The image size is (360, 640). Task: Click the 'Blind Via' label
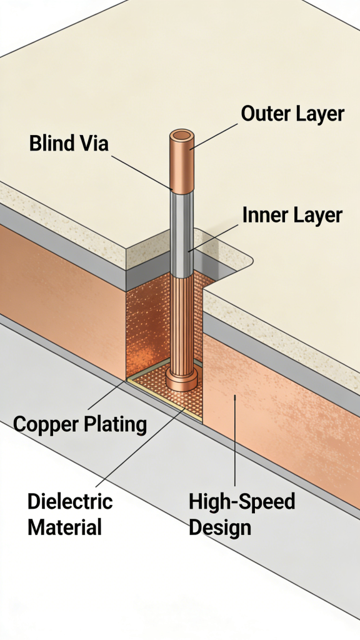[69, 144]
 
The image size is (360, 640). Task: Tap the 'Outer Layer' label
[292, 114]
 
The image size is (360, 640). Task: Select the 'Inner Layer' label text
[292, 216]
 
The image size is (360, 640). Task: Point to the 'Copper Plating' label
[80, 425]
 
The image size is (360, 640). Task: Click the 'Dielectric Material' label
[70, 514]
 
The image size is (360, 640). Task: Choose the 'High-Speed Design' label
[242, 514]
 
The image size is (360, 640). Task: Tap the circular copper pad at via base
[182, 379]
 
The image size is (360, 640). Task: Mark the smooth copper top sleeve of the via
[182, 166]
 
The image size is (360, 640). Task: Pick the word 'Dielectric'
[70, 501]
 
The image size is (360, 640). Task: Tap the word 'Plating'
[115, 425]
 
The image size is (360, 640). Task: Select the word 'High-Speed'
[242, 501]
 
